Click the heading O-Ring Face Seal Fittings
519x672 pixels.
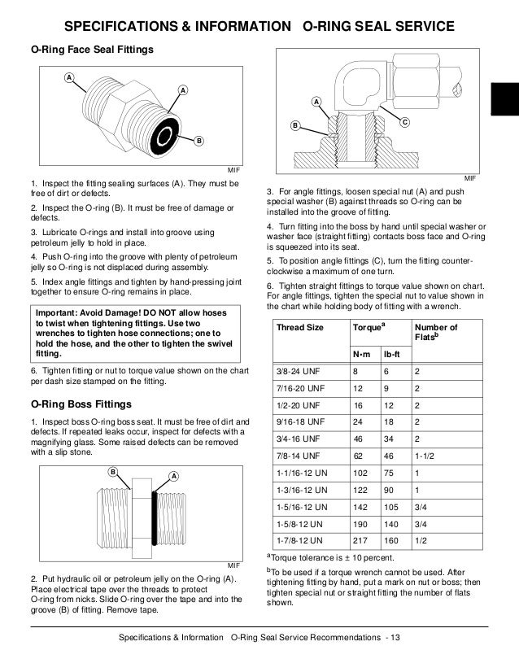tap(85, 50)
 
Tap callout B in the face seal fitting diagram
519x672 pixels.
tap(198, 141)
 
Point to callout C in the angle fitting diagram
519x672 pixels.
tap(404, 120)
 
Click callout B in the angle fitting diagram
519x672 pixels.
tap(296, 126)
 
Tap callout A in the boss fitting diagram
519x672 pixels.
tap(173, 475)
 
